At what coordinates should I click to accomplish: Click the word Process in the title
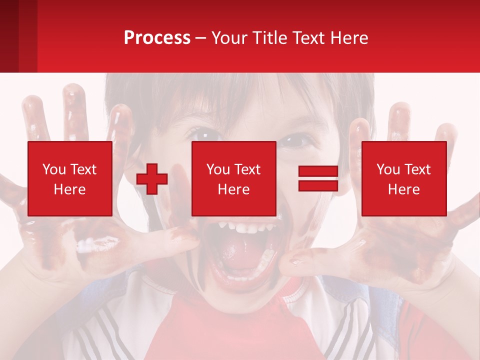pos(157,38)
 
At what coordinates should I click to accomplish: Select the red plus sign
pos(152,179)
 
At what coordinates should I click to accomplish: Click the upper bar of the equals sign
pos(318,172)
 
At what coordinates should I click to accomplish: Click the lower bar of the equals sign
pos(318,186)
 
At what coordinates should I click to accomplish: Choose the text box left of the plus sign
pos(69,178)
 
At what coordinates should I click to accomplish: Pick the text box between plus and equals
pos(233,178)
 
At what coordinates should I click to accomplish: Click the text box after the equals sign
pos(403,178)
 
